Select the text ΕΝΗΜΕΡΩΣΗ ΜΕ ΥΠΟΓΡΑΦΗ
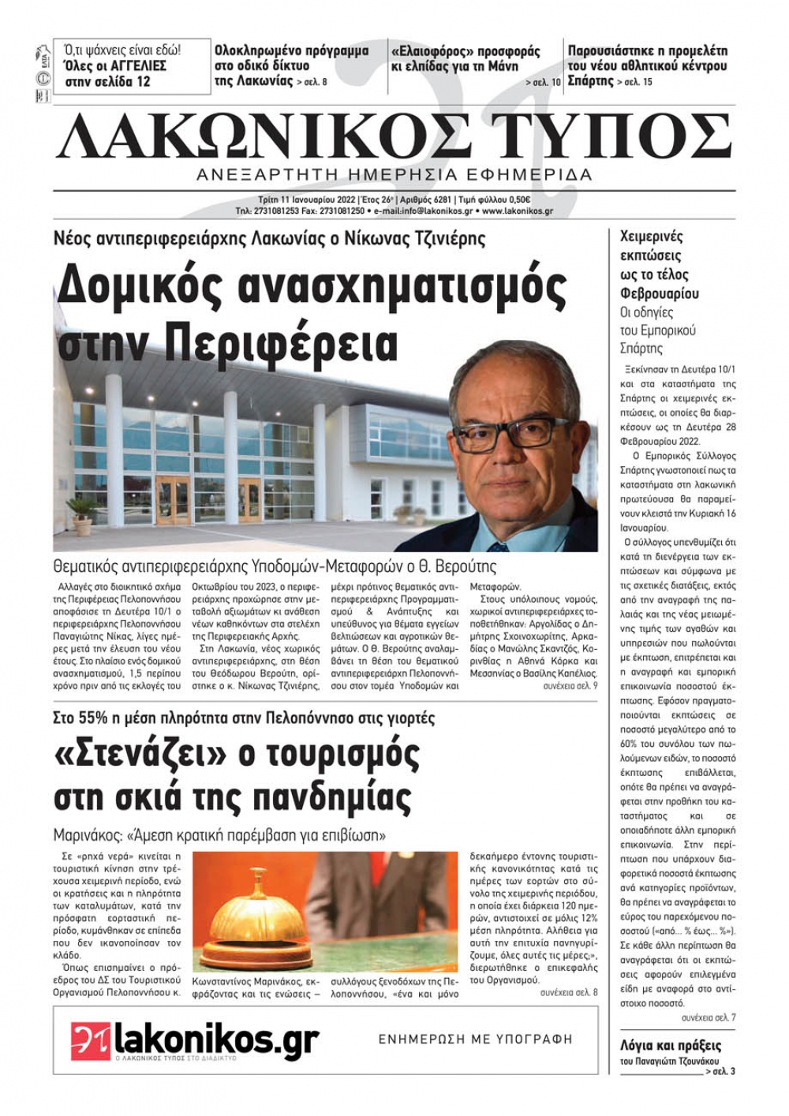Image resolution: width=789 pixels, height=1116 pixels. pos(475,1039)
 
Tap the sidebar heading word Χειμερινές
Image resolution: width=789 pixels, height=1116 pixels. pos(652,237)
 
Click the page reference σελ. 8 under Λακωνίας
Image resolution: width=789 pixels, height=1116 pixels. pos(312,82)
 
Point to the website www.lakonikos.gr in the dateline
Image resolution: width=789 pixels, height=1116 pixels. pos(518,211)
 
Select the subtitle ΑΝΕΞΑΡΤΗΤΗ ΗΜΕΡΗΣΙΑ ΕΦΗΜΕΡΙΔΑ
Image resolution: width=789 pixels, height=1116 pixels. pos(394,174)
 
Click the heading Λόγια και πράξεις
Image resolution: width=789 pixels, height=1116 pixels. pos(671,1046)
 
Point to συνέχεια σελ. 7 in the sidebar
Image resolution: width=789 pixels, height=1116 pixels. pos(708,1017)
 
